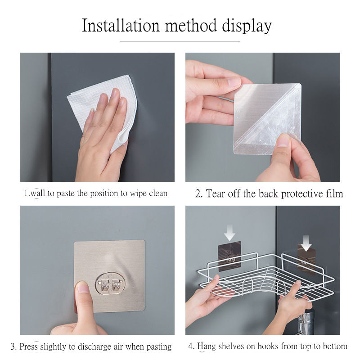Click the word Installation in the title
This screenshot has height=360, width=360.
coord(121,25)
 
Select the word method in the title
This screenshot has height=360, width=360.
coord(191,25)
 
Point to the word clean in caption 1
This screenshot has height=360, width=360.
coord(158,193)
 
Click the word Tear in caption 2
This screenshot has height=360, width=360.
coord(215,193)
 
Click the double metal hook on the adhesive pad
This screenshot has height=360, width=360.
coord(110,284)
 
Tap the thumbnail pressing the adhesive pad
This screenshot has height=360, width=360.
coord(83,287)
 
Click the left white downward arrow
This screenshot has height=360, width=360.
coord(229,233)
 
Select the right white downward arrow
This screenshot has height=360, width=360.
coord(306,243)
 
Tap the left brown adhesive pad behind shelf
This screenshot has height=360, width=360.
coord(229,256)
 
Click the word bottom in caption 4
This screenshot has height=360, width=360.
coord(335,346)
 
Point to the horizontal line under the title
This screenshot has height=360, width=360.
coord(180,41)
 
